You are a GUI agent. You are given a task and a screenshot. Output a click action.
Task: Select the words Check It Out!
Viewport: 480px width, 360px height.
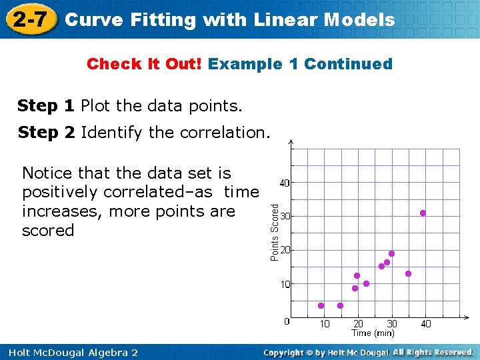tap(145, 64)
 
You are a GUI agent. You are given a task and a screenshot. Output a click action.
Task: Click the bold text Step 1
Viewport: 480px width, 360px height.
tap(46, 105)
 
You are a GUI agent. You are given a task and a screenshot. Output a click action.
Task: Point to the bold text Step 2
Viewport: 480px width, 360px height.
tap(46, 132)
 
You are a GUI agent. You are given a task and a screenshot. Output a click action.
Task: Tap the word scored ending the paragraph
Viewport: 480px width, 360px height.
tap(48, 231)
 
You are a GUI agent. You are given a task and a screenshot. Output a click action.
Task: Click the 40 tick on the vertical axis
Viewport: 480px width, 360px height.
tap(284, 183)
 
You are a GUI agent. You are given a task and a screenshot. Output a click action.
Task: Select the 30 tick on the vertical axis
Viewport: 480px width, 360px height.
tap(284, 217)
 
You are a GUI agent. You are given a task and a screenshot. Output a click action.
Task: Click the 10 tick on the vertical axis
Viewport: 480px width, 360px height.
tap(285, 284)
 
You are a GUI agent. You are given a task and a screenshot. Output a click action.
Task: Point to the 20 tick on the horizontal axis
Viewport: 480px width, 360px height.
tap(358, 324)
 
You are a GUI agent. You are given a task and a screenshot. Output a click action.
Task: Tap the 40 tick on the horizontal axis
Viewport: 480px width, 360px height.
tap(426, 324)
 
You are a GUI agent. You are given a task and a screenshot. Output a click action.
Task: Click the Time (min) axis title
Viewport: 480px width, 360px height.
tap(373, 333)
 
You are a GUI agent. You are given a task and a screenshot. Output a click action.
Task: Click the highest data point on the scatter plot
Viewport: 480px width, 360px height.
tap(423, 213)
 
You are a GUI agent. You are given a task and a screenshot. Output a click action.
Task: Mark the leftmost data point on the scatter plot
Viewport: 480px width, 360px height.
tap(321, 306)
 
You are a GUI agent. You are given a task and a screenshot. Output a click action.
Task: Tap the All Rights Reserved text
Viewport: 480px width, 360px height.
tap(433, 351)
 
